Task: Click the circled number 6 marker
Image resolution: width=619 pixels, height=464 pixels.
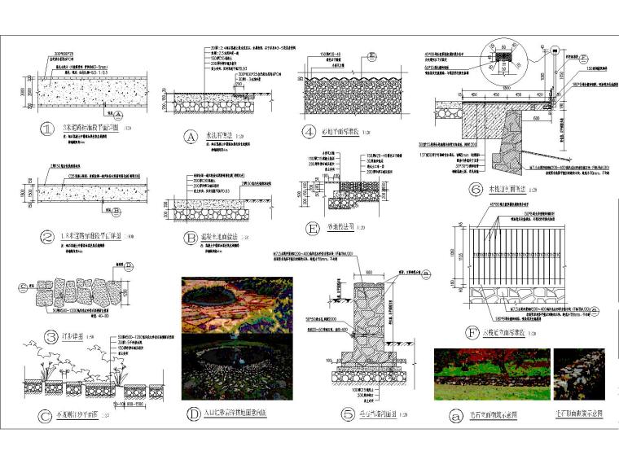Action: pyautogui.click(x=476, y=190)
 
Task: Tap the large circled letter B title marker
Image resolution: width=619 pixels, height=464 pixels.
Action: pyautogui.click(x=191, y=238)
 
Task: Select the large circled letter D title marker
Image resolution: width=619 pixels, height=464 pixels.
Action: pyautogui.click(x=192, y=414)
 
